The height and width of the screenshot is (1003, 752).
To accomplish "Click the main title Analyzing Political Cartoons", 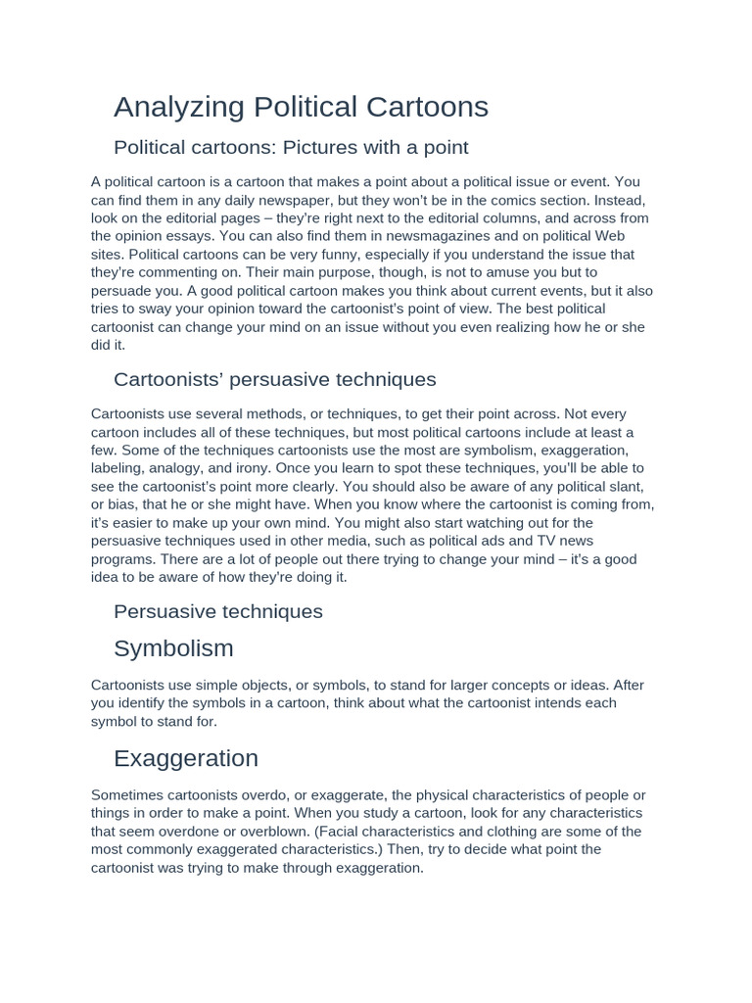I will tap(301, 107).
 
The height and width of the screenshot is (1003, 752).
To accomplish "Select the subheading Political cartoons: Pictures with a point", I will tap(291, 147).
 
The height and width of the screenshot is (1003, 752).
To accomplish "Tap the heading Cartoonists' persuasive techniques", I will tap(274, 379).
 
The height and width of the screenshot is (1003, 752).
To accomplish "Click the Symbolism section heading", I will tap(173, 648).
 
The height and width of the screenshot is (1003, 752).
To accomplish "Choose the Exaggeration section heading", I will tap(185, 758).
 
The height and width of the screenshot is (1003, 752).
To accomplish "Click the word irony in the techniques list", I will tap(259, 468).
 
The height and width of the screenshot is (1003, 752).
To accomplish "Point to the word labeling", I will tap(119, 468).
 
